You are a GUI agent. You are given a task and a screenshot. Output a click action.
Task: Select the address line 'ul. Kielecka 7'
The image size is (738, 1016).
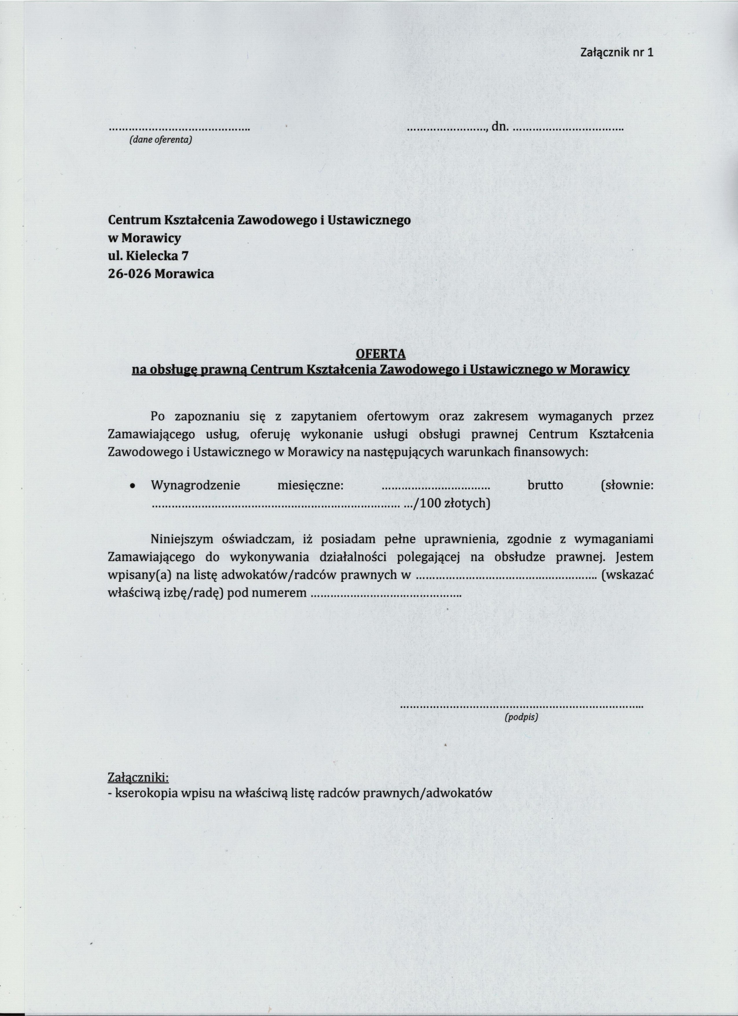click(x=148, y=256)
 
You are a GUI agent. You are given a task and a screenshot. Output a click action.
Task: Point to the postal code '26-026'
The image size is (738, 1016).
click(x=129, y=274)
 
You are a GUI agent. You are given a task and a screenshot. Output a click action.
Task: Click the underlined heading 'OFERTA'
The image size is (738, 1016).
click(x=380, y=354)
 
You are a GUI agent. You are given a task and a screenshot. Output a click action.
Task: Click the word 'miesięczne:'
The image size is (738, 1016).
click(x=310, y=485)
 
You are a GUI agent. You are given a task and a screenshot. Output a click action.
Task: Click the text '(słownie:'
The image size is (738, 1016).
click(x=627, y=485)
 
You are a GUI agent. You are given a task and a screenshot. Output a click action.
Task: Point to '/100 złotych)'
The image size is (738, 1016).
click(x=453, y=504)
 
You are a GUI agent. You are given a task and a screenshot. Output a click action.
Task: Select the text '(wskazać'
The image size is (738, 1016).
click(x=628, y=575)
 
